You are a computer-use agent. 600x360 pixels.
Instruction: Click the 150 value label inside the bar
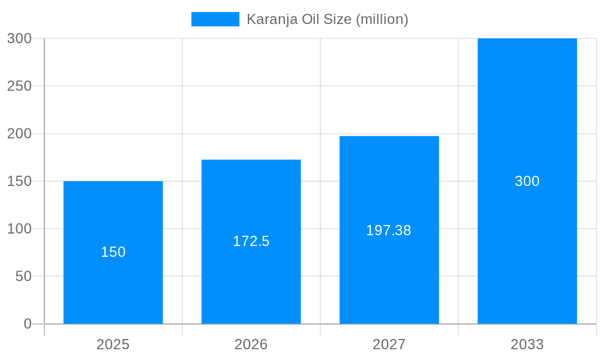(x=113, y=252)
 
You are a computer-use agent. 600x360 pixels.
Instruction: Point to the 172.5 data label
(x=251, y=241)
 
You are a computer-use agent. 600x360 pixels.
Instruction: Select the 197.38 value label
(x=389, y=230)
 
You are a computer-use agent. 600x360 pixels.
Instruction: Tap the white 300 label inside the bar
(x=527, y=181)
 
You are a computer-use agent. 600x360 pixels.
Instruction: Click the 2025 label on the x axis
(x=113, y=344)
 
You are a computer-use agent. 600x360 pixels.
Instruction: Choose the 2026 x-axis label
(x=251, y=344)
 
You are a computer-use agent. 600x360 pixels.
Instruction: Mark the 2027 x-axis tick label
(x=389, y=344)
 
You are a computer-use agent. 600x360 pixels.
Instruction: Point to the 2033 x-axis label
(x=527, y=344)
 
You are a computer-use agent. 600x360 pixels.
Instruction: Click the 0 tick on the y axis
(x=28, y=324)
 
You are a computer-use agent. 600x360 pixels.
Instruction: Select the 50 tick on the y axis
(x=23, y=277)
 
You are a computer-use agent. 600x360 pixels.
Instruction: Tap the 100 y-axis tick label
(x=19, y=229)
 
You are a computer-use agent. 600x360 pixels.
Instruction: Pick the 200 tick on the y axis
(x=19, y=134)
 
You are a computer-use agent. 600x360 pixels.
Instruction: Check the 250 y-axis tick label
(x=19, y=86)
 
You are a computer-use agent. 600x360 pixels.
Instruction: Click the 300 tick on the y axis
(x=19, y=38)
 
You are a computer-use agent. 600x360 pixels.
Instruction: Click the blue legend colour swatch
(x=215, y=19)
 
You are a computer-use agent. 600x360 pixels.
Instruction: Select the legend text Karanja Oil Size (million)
(x=327, y=19)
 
